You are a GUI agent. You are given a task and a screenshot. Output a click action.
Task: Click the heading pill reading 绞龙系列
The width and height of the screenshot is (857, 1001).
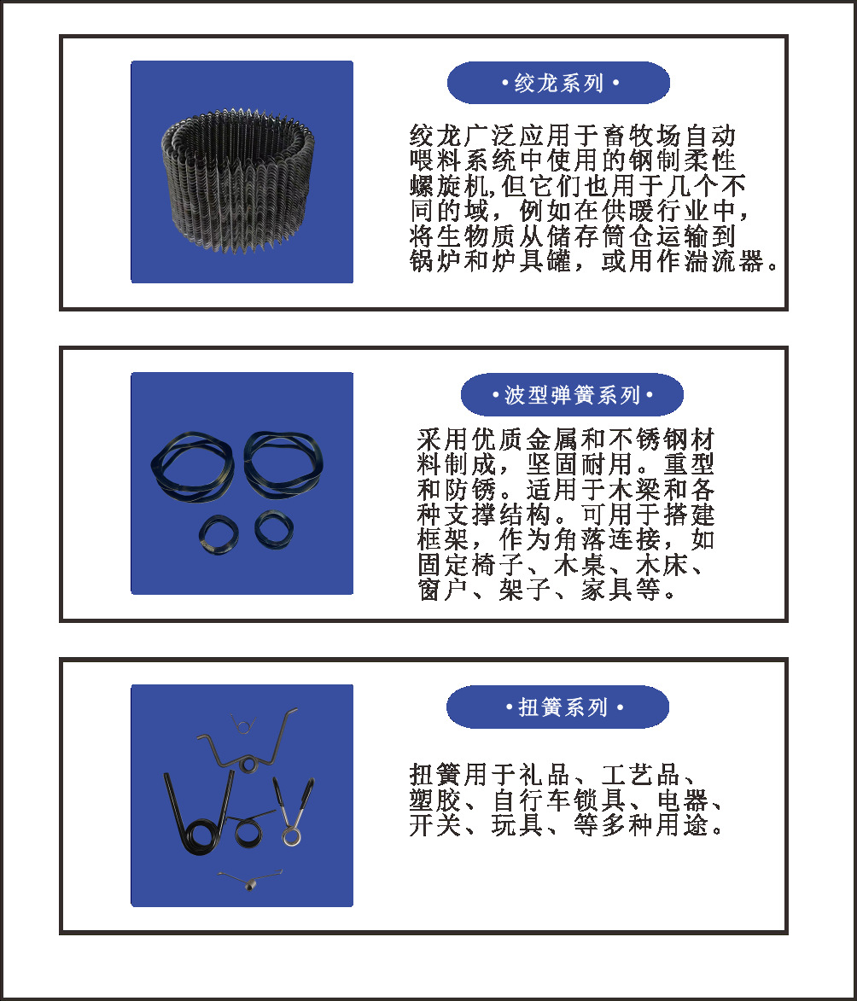click(558, 84)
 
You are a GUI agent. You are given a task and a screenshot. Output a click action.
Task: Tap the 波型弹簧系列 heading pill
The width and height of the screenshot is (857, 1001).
click(572, 395)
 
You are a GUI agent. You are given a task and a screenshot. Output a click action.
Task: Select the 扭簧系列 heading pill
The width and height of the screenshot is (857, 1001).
click(557, 707)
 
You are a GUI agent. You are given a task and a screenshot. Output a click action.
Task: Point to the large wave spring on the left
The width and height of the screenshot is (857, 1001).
click(195, 470)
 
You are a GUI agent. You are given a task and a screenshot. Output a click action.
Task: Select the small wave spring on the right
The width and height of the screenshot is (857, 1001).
click(272, 529)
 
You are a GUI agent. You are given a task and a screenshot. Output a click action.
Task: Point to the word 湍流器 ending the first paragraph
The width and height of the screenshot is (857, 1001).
click(738, 261)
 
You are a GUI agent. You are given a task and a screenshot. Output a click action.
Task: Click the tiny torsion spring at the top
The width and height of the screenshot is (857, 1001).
click(242, 724)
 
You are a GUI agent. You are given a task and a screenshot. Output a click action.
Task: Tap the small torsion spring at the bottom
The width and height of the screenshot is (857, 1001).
click(249, 879)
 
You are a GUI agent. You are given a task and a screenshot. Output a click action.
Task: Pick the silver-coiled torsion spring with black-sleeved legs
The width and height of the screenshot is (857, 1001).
click(290, 815)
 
